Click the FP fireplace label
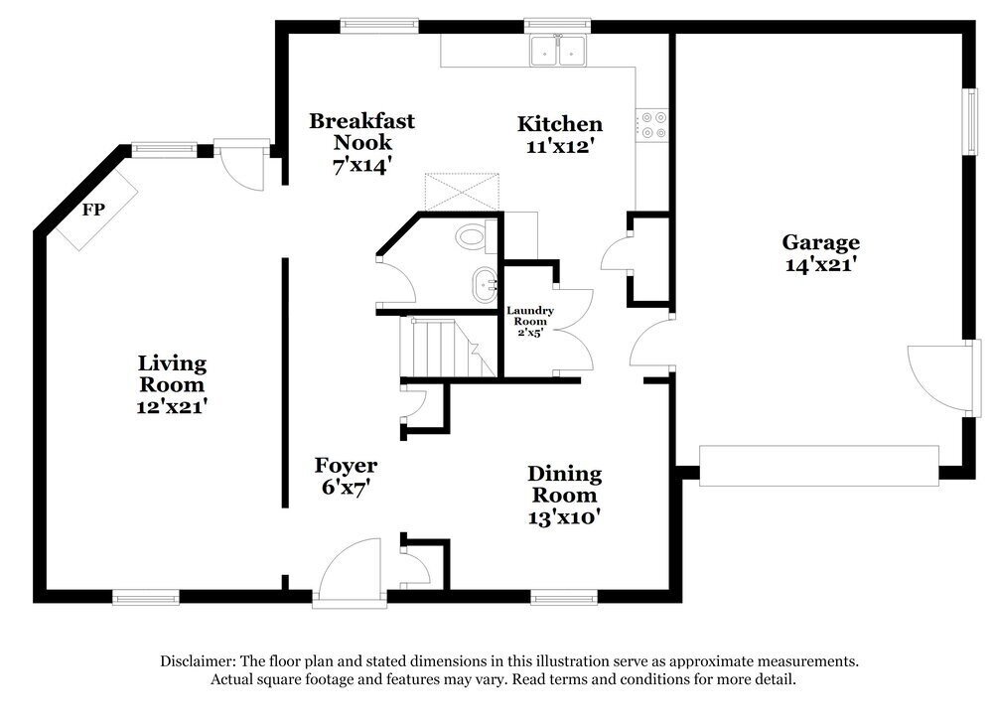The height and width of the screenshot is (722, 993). tap(93, 210)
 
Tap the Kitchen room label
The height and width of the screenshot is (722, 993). tap(559, 124)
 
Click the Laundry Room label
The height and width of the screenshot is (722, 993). tap(529, 317)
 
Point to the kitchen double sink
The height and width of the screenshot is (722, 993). tap(558, 51)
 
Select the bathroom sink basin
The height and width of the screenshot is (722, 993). tap(485, 284)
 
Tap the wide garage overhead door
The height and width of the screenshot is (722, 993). tap(818, 466)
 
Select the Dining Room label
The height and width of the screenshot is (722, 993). tap(564, 485)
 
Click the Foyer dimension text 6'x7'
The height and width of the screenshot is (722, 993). tap(345, 488)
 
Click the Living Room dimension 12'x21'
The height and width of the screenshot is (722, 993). tap(172, 406)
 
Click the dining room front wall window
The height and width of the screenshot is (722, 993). tap(563, 597)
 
